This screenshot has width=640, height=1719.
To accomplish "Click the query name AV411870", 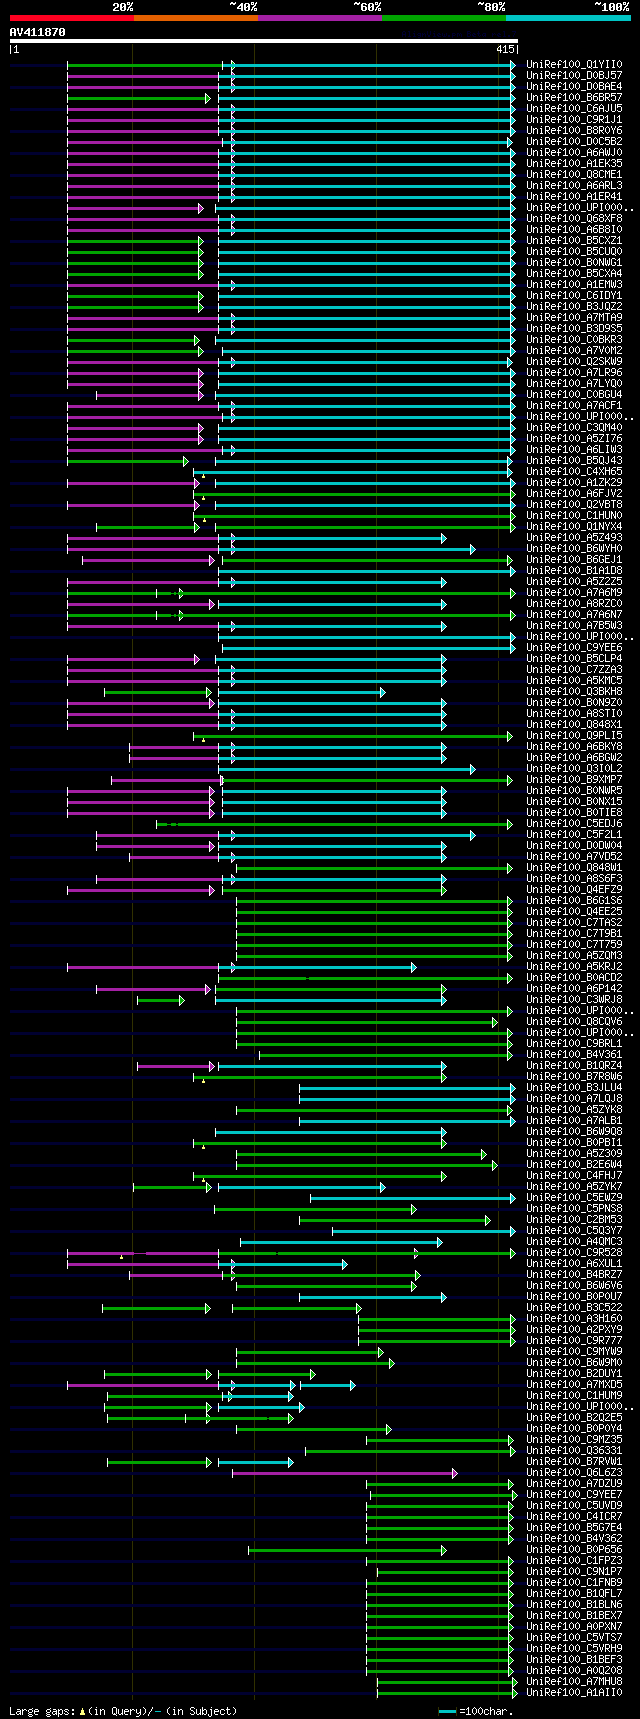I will [x=38, y=32].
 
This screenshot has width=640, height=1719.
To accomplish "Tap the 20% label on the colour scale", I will [x=122, y=7].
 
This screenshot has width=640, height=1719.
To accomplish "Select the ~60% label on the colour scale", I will [x=367, y=7].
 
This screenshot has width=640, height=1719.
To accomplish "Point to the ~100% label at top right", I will [x=611, y=7].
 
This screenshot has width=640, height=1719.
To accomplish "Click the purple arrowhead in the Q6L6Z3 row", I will [x=454, y=1472].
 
